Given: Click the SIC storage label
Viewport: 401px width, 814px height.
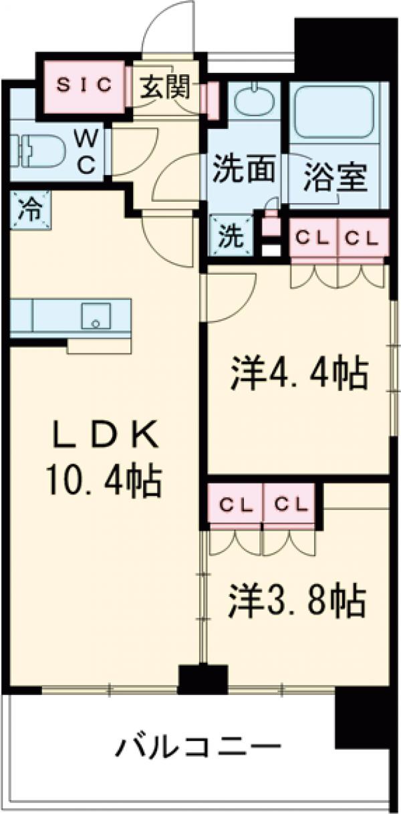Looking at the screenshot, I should pyautogui.click(x=84, y=85).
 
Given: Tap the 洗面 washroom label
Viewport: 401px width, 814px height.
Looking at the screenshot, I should pyautogui.click(x=243, y=170).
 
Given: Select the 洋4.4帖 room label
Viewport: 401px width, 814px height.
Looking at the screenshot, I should pyautogui.click(x=299, y=375).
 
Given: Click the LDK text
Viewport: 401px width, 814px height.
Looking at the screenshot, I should pyautogui.click(x=106, y=436).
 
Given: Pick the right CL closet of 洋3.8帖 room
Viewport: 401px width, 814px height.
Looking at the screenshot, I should pyautogui.click(x=288, y=505).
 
